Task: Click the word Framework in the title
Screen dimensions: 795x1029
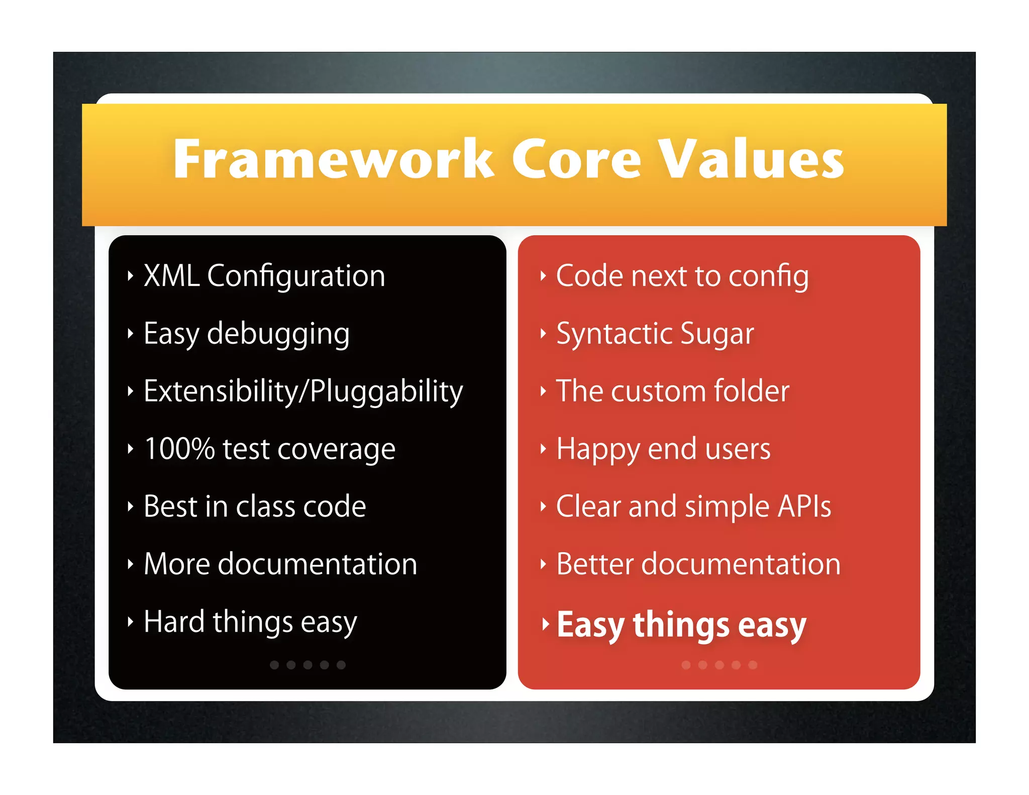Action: click(x=333, y=160)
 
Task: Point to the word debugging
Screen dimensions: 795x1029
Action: click(x=278, y=335)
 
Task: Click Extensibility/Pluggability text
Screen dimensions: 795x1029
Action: click(x=303, y=392)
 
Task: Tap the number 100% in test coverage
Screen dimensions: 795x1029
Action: click(x=179, y=449)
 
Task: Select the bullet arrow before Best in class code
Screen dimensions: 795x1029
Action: click(x=130, y=507)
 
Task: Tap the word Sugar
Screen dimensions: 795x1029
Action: click(x=717, y=335)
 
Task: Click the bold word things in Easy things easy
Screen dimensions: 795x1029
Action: click(x=681, y=626)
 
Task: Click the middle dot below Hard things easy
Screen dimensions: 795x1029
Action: click(x=307, y=665)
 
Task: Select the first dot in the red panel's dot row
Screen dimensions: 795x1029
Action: click(x=686, y=665)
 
